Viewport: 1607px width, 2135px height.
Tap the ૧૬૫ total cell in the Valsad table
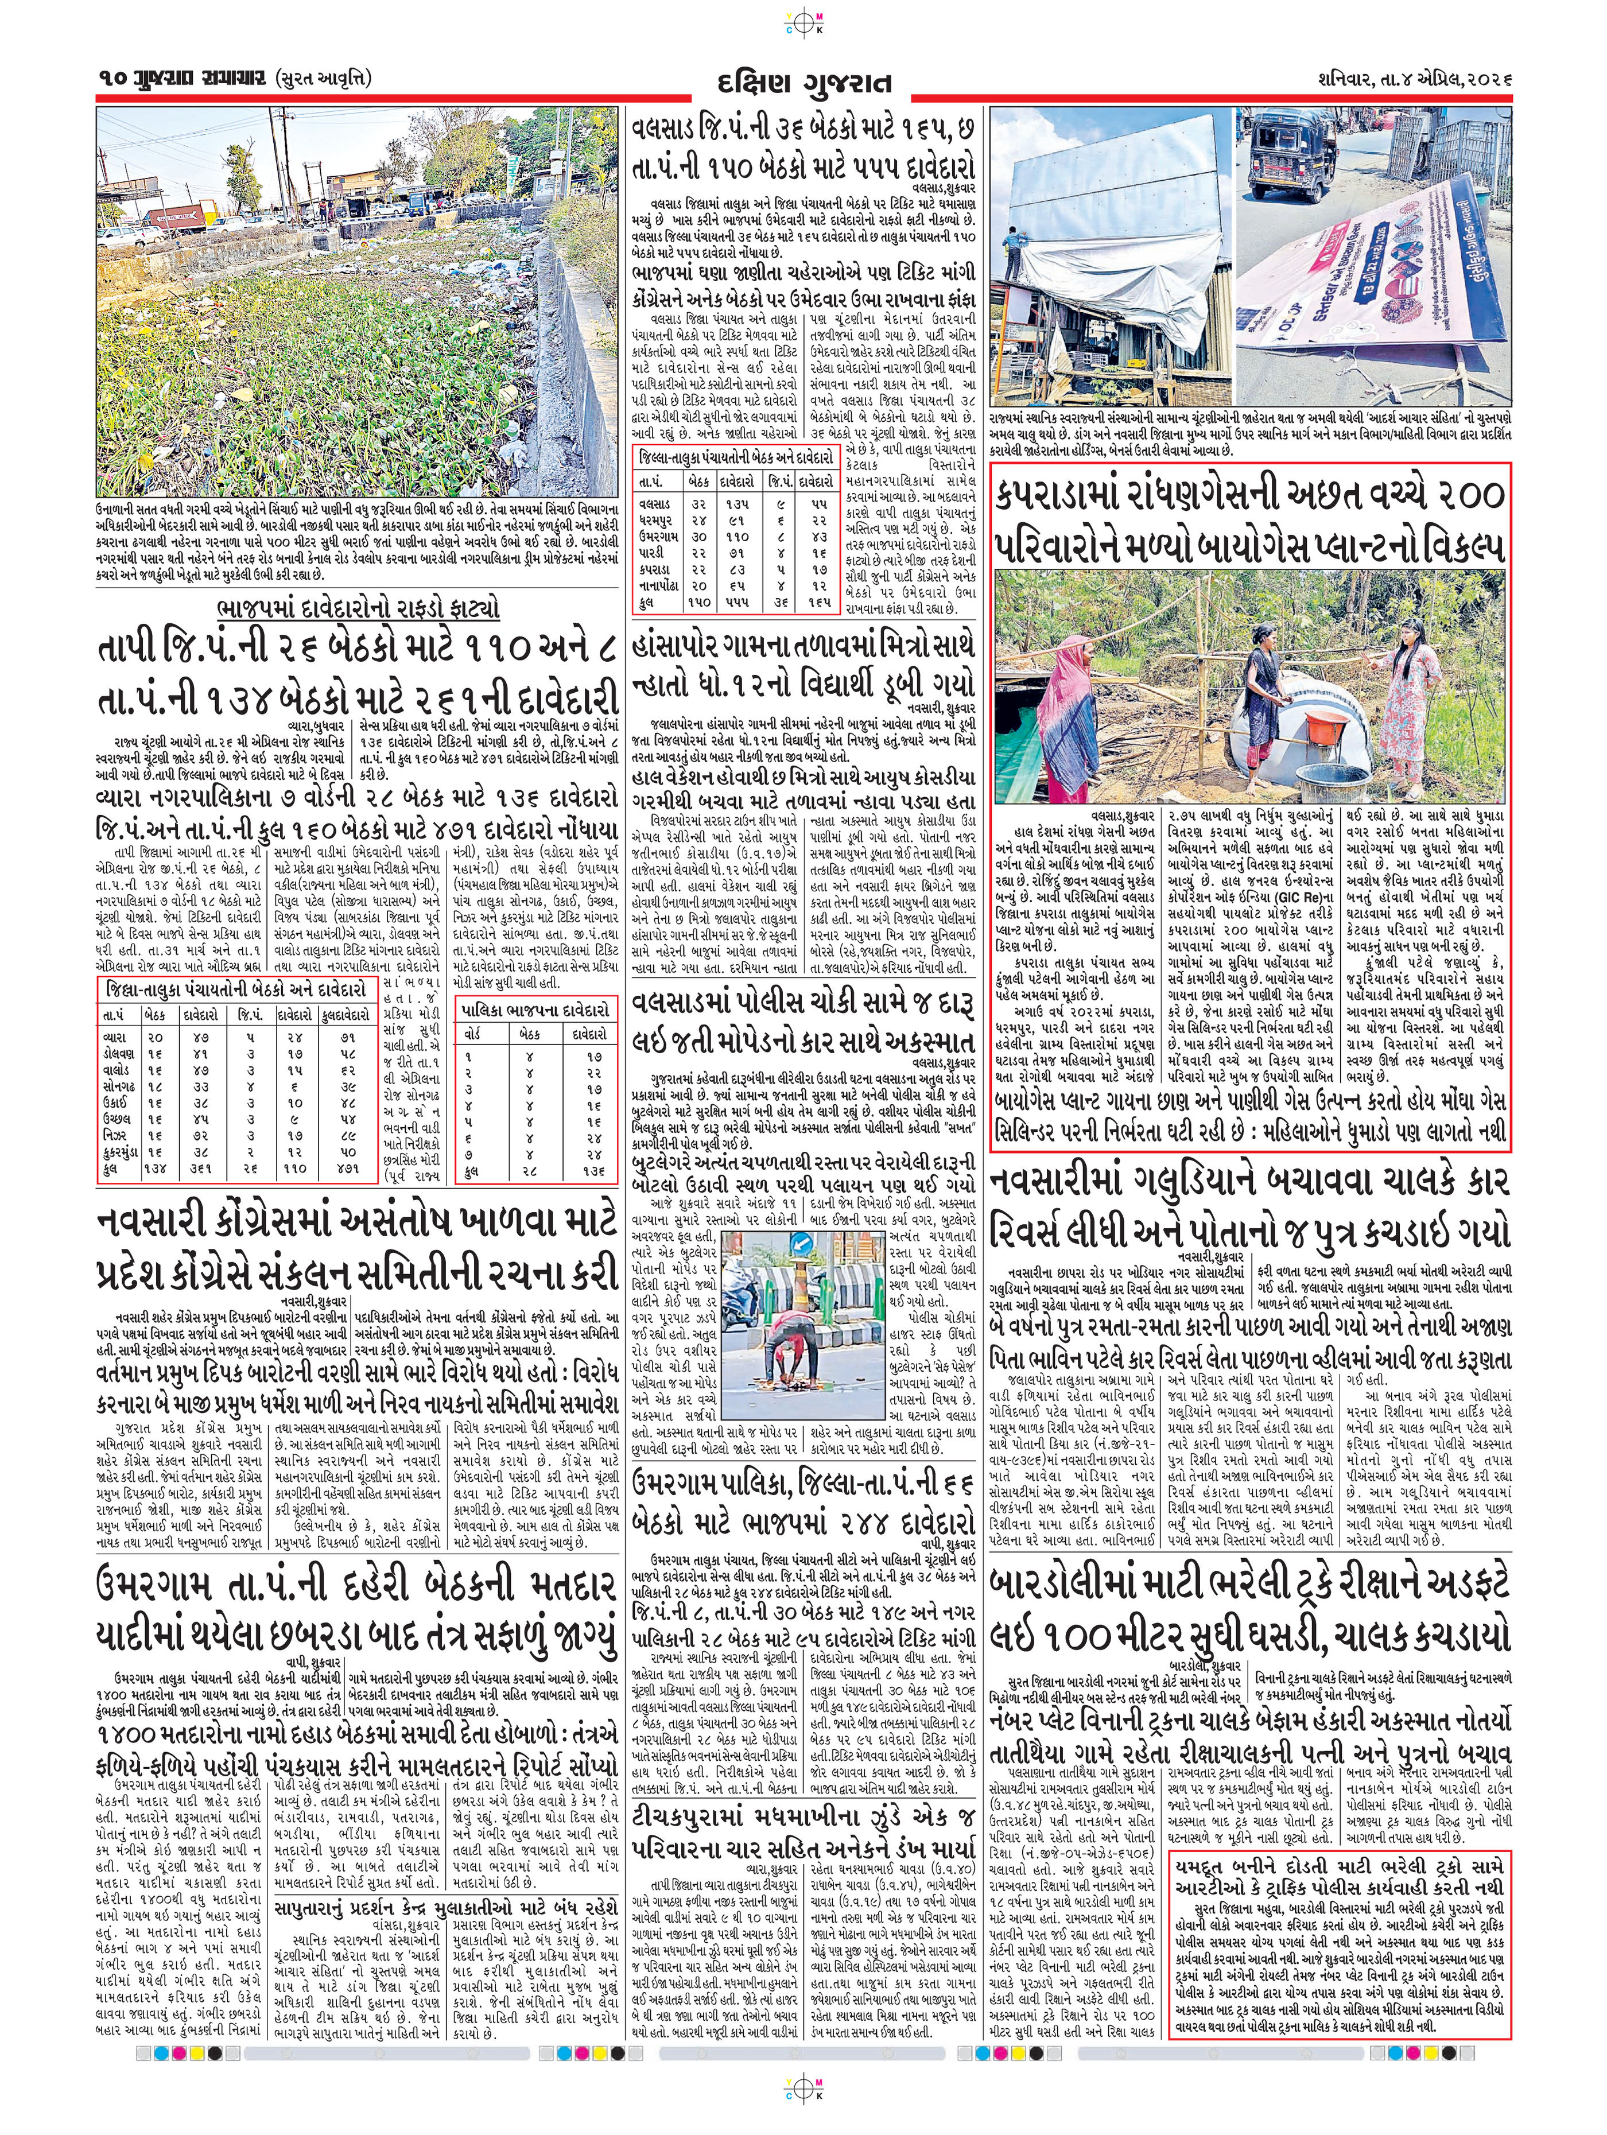[820, 601]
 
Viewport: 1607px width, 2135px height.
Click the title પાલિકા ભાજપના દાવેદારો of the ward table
[535, 1010]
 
